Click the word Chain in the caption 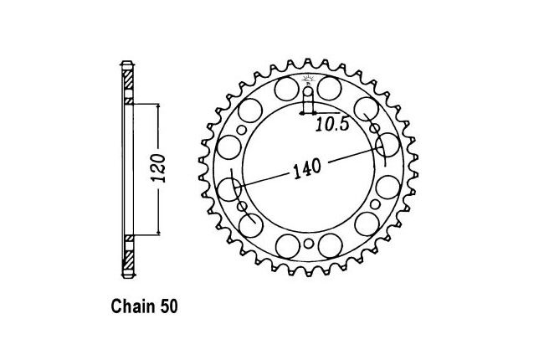(x=133, y=306)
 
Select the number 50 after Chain (x=169, y=306)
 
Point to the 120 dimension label (x=158, y=168)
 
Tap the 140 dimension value (x=307, y=169)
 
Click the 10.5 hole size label (x=332, y=125)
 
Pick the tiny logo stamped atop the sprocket (x=308, y=80)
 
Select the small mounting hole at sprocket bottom (x=308, y=244)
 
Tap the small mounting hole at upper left (x=242, y=130)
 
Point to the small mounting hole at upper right (x=375, y=129)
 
